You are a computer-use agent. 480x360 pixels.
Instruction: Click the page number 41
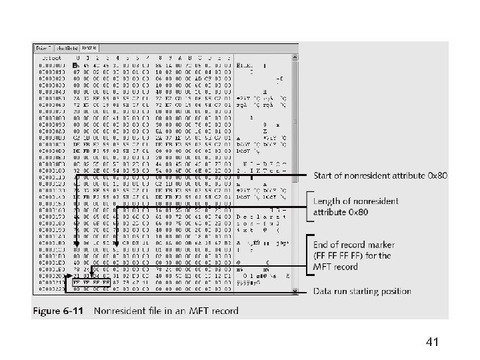[431, 343]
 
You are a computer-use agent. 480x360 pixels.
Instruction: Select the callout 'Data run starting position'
[363, 291]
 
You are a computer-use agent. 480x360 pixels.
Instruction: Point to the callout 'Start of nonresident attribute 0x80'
[381, 175]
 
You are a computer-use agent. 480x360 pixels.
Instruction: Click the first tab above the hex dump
[43, 47]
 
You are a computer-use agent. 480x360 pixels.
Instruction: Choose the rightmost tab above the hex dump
[89, 47]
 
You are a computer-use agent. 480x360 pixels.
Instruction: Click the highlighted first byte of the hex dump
[77, 65]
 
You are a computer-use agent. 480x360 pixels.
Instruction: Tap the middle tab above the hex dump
[67, 47]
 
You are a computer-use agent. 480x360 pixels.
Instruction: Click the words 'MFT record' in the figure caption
[217, 310]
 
